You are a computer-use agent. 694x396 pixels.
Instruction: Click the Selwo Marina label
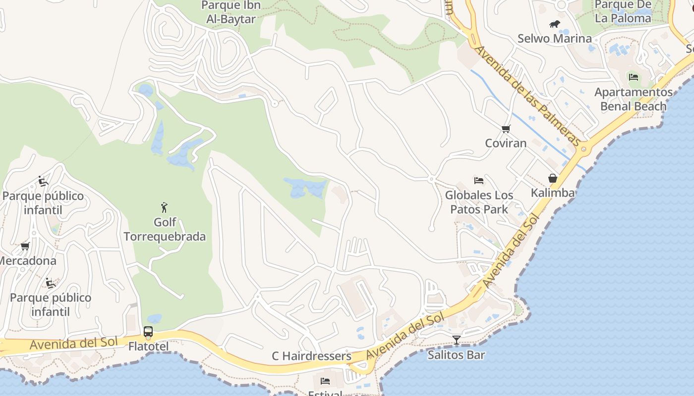(554, 39)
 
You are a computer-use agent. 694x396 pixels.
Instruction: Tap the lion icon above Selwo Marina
(554, 24)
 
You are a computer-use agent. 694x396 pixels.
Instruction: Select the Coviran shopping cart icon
(506, 129)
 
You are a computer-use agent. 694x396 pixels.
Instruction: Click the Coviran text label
(506, 143)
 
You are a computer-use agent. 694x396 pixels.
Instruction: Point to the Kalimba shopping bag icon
(553, 178)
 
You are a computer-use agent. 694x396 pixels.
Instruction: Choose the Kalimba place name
(553, 193)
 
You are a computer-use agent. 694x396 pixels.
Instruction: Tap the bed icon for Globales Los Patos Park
(479, 180)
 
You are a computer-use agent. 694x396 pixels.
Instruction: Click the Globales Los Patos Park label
(479, 202)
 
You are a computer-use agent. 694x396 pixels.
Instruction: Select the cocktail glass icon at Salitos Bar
(457, 340)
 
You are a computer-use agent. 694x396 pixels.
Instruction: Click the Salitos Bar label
(457, 355)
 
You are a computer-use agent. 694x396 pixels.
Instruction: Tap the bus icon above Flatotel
(148, 332)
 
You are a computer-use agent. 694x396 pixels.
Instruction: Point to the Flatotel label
(148, 346)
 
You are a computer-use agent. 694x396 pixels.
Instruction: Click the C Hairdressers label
(311, 356)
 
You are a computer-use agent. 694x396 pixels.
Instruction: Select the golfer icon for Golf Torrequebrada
(165, 207)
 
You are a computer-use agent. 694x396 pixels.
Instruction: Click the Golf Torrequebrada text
(165, 229)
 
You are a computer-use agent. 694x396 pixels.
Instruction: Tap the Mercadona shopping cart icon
(25, 246)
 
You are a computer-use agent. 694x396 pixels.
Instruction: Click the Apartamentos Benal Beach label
(634, 99)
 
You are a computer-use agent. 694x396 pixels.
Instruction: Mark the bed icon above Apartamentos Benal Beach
(633, 77)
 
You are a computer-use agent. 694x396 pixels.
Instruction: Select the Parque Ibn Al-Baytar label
(231, 12)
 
